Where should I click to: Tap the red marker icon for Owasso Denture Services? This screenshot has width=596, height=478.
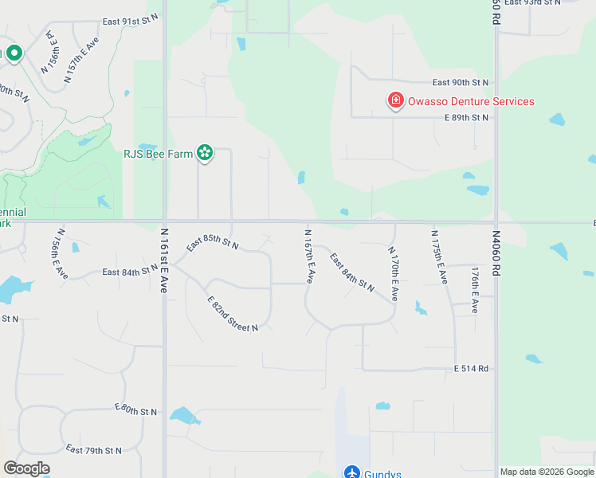pyautogui.click(x=394, y=101)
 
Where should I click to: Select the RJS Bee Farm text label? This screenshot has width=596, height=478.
pyautogui.click(x=158, y=154)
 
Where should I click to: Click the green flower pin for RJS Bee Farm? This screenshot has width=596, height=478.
pyautogui.click(x=205, y=152)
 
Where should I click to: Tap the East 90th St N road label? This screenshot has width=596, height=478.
pyautogui.click(x=461, y=82)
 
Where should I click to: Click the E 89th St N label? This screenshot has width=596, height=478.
pyautogui.click(x=466, y=118)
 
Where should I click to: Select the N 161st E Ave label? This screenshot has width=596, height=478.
pyautogui.click(x=163, y=261)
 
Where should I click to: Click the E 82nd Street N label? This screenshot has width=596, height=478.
pyautogui.click(x=233, y=314)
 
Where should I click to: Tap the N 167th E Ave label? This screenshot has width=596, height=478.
pyautogui.click(x=309, y=257)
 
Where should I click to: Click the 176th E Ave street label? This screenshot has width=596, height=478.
pyautogui.click(x=475, y=288)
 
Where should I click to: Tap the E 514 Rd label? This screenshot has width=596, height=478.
pyautogui.click(x=470, y=369)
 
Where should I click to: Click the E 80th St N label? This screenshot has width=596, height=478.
pyautogui.click(x=136, y=410)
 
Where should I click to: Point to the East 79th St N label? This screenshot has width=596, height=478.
pyautogui.click(x=94, y=450)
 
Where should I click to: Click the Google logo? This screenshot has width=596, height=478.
pyautogui.click(x=26, y=468)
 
